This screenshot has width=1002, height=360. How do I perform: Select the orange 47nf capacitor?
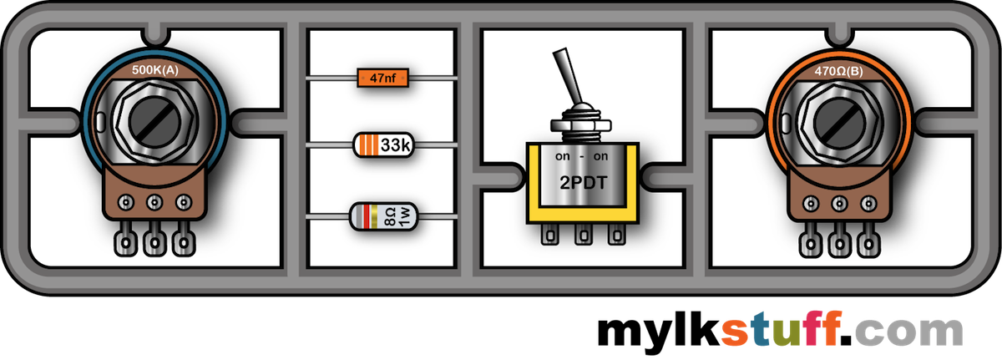pyautogui.click(x=382, y=79)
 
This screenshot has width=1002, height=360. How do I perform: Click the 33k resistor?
pyautogui.click(x=382, y=145)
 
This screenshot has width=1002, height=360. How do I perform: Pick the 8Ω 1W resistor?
pyautogui.click(x=382, y=217)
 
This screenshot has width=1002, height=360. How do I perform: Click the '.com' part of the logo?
pyautogui.click(x=913, y=332)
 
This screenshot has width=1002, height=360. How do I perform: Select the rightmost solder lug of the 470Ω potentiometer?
pyautogui.click(x=868, y=243)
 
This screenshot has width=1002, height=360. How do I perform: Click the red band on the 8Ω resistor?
pyautogui.click(x=366, y=217)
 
